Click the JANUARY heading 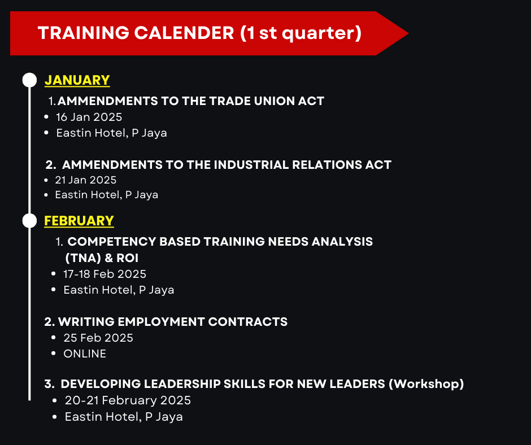(77, 80)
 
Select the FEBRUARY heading (79, 221)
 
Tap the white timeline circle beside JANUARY (29, 80)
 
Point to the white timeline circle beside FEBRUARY (29, 221)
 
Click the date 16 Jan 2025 (89, 117)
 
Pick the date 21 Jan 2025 (86, 180)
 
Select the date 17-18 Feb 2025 (105, 274)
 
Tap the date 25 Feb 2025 (98, 338)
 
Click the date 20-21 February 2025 (128, 400)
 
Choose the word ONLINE (85, 354)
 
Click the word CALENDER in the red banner (184, 33)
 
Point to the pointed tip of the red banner (408, 33)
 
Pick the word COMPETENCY (112, 242)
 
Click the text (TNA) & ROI (102, 258)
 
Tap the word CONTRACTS (248, 322)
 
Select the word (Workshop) (426, 384)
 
